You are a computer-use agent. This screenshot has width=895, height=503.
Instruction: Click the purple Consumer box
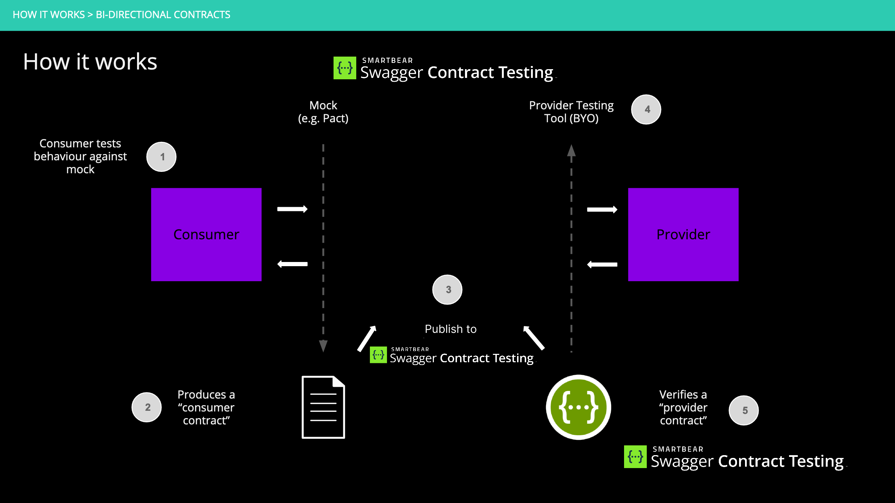(x=206, y=234)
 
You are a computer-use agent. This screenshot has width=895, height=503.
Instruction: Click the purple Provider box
(x=683, y=234)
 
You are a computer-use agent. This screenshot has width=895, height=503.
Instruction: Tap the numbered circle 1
(x=162, y=157)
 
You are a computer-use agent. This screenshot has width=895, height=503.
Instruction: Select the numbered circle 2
(x=147, y=407)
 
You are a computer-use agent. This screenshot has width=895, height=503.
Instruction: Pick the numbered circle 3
(x=447, y=290)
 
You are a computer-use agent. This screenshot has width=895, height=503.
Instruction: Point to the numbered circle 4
(x=646, y=110)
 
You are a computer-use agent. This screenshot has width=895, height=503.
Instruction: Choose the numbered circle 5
(x=744, y=410)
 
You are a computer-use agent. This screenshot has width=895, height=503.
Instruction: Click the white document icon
(x=323, y=407)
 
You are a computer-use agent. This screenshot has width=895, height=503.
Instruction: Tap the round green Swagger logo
(x=579, y=407)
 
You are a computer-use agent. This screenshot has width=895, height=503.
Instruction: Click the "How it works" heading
(x=90, y=62)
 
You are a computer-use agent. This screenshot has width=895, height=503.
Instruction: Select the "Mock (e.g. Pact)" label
(x=323, y=112)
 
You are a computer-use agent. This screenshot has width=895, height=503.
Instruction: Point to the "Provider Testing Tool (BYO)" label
(x=571, y=112)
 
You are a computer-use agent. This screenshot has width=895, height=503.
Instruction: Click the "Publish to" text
(x=451, y=329)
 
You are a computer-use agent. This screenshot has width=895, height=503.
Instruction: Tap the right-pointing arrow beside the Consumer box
(x=292, y=209)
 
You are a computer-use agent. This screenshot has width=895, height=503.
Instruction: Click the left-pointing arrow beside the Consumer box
(x=292, y=264)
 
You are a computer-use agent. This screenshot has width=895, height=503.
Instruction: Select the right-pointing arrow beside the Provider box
(x=602, y=210)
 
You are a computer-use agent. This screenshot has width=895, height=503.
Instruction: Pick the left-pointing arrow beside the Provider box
(x=602, y=265)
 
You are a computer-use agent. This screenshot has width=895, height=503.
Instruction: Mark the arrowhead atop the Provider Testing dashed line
(x=571, y=151)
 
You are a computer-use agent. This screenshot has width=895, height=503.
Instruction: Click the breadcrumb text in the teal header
(x=121, y=15)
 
